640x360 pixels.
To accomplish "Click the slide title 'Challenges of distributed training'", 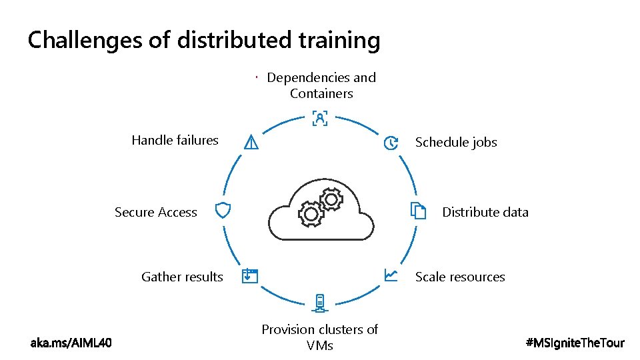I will tap(204, 41).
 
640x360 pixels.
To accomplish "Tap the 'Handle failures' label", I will tap(175, 140).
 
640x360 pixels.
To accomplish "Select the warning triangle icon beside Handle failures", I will tap(251, 142).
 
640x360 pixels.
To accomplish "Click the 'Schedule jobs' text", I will tap(456, 142).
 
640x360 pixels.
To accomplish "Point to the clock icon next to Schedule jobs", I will tap(391, 143).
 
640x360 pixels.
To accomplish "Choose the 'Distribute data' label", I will tap(485, 212).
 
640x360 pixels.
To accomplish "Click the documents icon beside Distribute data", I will tap(418, 211).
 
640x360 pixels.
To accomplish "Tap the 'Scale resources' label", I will tap(460, 277).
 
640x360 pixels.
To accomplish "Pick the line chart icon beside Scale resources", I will tap(391, 275).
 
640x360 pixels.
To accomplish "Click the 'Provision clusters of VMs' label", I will tap(320, 337).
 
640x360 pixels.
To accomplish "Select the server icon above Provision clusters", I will tap(320, 303).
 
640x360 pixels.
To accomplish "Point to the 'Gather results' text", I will tap(182, 277).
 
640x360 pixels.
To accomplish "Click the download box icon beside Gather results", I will tap(249, 276).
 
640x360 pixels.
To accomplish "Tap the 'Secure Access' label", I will tap(156, 212).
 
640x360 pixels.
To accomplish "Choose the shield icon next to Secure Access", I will tap(223, 211).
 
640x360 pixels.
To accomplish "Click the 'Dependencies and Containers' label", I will tap(321, 85).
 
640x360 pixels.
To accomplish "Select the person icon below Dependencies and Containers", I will tap(320, 119).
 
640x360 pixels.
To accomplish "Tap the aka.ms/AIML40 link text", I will tap(71, 343).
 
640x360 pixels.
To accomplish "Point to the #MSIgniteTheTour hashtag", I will tap(575, 343).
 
